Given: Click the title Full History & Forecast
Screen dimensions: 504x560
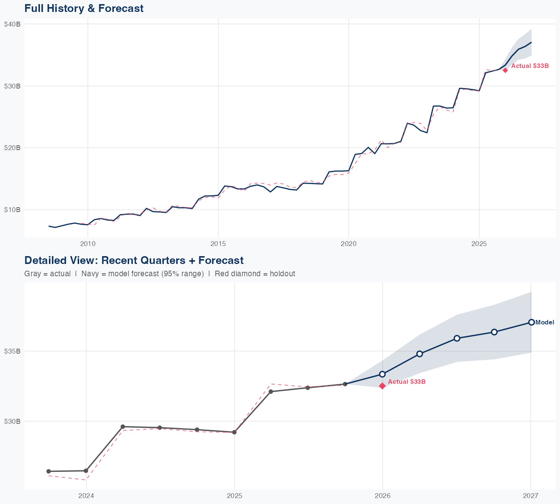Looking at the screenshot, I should (x=84, y=8).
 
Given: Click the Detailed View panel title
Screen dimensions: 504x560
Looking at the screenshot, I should (x=134, y=260).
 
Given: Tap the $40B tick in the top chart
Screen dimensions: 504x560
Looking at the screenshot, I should (x=12, y=24).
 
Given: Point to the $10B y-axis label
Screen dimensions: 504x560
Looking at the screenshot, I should (x=12, y=209).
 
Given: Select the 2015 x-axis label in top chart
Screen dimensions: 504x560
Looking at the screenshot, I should (x=218, y=244).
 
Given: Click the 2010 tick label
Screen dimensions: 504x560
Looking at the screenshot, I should (x=88, y=244).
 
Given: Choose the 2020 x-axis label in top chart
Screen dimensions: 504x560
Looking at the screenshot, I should (x=348, y=244).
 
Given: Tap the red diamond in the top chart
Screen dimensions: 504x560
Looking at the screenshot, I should (x=505, y=70).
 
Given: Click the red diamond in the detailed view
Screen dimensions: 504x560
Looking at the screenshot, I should (x=382, y=386).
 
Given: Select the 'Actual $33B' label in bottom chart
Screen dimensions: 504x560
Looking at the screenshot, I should (x=407, y=382).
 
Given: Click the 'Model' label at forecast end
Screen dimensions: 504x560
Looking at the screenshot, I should (x=545, y=323).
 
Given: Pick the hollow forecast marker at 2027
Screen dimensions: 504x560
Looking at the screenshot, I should (x=531, y=322).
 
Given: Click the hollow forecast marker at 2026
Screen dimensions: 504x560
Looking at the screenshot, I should (x=382, y=374).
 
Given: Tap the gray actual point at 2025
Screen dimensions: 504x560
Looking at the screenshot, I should (x=234, y=432).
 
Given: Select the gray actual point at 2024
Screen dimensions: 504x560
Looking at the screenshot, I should (x=86, y=471).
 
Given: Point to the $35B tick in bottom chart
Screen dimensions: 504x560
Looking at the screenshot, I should (x=12, y=351).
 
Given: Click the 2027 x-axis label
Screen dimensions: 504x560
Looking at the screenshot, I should (x=531, y=496).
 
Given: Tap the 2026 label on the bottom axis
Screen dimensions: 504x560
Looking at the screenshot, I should (x=382, y=496).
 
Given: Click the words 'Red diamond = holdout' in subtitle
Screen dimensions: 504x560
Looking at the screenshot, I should (x=255, y=274).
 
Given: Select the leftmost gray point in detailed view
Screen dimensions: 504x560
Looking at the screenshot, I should (x=49, y=472).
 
